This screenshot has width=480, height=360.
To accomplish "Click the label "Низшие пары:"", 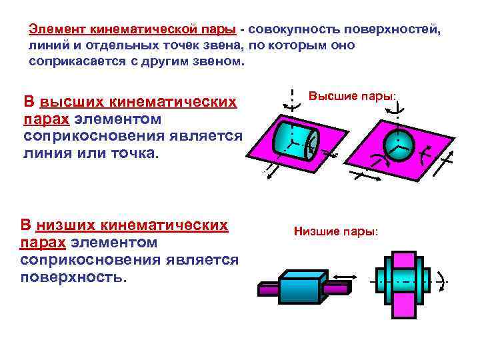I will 336,232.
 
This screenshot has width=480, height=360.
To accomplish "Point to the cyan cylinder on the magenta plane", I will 297,139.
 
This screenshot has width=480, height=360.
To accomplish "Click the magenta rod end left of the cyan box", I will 267,290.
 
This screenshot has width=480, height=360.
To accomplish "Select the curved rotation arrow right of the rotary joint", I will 441,280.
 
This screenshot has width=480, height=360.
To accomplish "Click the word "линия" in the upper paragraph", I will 45,153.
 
